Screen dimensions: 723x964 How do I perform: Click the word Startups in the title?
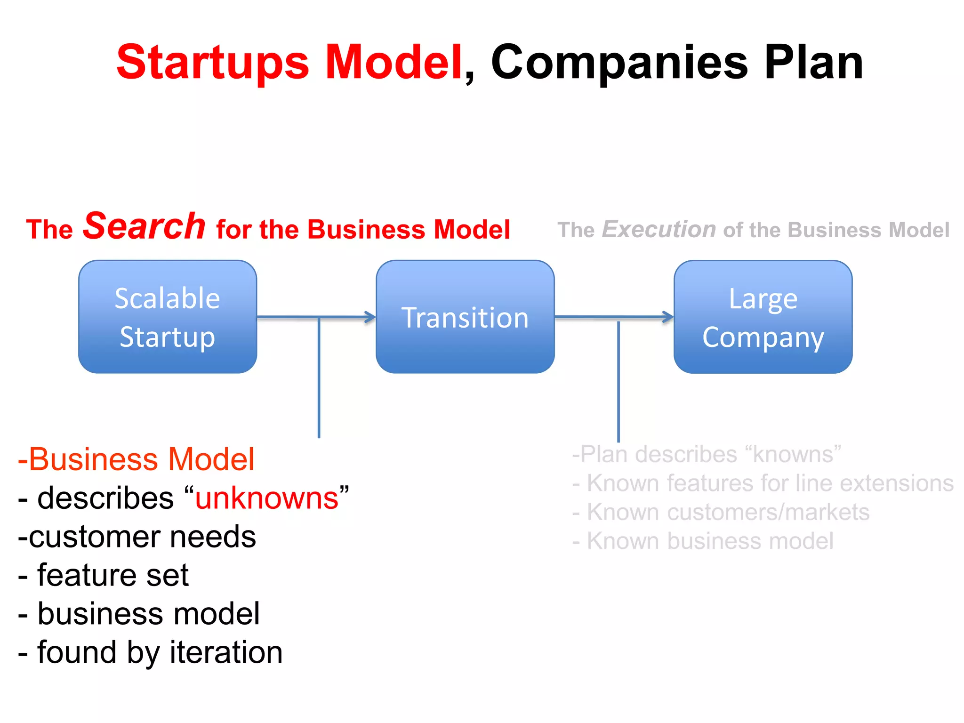(x=212, y=62)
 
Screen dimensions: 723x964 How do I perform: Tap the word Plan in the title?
(x=813, y=62)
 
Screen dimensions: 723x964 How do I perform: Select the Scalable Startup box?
(x=168, y=317)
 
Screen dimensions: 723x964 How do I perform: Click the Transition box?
(x=465, y=317)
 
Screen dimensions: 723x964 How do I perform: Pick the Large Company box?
(x=763, y=317)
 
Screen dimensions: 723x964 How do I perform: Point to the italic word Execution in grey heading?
(x=659, y=230)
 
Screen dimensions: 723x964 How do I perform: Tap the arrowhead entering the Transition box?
(x=370, y=317)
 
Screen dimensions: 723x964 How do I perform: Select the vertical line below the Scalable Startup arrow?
(x=319, y=377)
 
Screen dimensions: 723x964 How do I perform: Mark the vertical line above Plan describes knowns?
(x=618, y=381)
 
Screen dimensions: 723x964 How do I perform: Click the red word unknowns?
(x=267, y=498)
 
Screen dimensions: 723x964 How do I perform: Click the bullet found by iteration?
(x=151, y=652)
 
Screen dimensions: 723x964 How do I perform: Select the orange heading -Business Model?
(x=137, y=459)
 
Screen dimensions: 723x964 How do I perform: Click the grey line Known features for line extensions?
(x=763, y=483)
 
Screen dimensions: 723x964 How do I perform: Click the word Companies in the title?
(x=619, y=62)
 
